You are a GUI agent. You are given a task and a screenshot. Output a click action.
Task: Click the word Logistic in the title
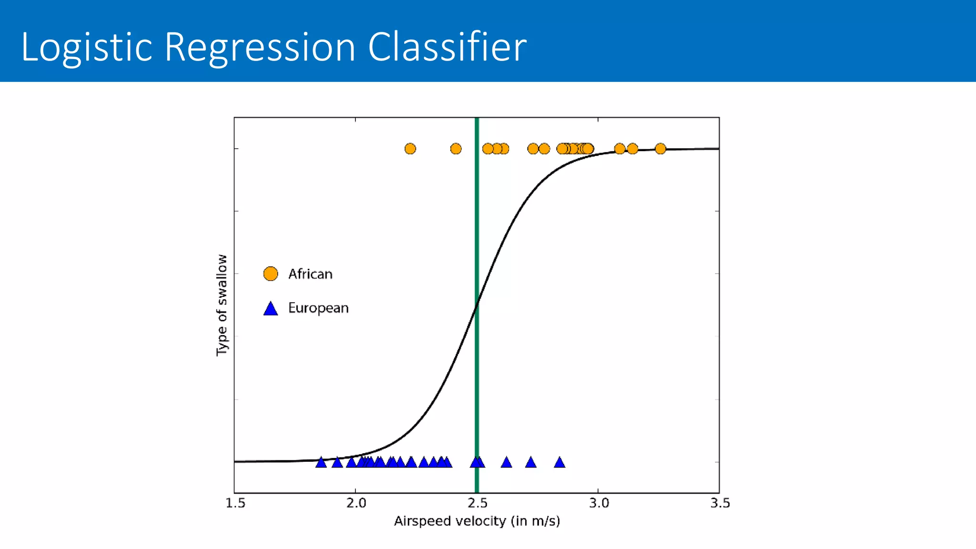coord(86,47)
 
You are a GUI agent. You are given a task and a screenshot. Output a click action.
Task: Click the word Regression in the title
coord(260,47)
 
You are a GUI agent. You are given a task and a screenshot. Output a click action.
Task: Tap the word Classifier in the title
coord(447,46)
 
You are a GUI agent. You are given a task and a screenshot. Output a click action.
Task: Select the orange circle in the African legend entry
coord(271,274)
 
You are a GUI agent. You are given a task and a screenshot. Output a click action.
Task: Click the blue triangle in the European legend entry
coord(271,309)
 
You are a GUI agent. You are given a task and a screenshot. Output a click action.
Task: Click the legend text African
coord(310,274)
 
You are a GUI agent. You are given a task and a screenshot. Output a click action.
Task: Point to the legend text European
coord(318,308)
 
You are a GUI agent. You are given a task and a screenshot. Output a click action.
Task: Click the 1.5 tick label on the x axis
coord(235,503)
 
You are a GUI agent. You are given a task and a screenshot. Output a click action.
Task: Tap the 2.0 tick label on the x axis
coord(356,503)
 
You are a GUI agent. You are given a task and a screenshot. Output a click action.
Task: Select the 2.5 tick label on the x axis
coord(478,503)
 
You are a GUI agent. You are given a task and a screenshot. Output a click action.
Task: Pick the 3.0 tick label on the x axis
coord(599,503)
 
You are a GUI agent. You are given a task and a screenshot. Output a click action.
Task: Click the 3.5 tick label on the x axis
coord(720,503)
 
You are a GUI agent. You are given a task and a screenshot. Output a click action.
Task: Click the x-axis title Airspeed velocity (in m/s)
coord(477,521)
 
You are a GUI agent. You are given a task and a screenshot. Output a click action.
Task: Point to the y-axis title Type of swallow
coord(222,305)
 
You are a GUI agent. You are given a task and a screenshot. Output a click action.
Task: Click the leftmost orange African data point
coord(410,149)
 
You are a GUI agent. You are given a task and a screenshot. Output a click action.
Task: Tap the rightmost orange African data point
coord(660,149)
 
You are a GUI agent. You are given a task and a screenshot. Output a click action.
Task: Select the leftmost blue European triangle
coord(321,462)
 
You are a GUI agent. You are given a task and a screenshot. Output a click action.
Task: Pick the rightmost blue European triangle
coord(559,462)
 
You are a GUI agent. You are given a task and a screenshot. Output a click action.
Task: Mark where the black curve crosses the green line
coord(477,305)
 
